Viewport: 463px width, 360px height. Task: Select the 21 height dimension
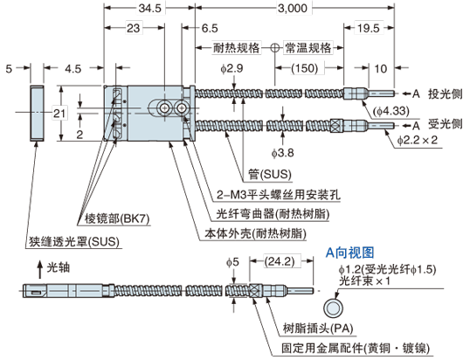coord(59,112)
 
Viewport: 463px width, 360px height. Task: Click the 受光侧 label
coord(440,122)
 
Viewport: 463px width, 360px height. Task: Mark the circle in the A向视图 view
coord(331,307)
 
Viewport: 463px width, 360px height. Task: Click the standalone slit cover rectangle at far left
coord(38,113)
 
